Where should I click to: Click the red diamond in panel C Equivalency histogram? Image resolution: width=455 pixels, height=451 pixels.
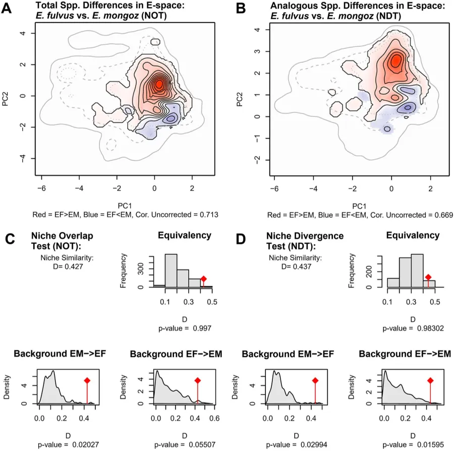204,279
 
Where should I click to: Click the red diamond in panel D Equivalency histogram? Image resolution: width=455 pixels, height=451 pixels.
428,277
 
